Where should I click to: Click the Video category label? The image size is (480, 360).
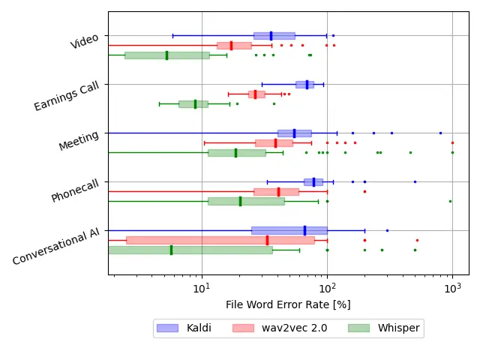(85, 42)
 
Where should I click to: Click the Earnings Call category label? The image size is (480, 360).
(67, 97)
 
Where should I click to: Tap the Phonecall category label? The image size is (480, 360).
(75, 190)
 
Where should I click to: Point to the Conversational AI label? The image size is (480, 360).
(56, 247)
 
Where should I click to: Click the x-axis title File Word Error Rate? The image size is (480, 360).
(288, 304)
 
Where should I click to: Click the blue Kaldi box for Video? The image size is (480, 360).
(274, 35)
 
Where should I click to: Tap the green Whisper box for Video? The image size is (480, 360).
(167, 55)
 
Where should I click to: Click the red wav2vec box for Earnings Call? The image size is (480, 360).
(256, 94)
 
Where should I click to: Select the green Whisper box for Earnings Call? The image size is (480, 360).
(193, 104)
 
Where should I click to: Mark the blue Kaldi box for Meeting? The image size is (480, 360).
(294, 133)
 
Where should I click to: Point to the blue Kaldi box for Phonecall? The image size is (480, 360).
(313, 181)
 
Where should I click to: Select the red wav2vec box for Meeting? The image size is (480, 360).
(274, 142)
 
